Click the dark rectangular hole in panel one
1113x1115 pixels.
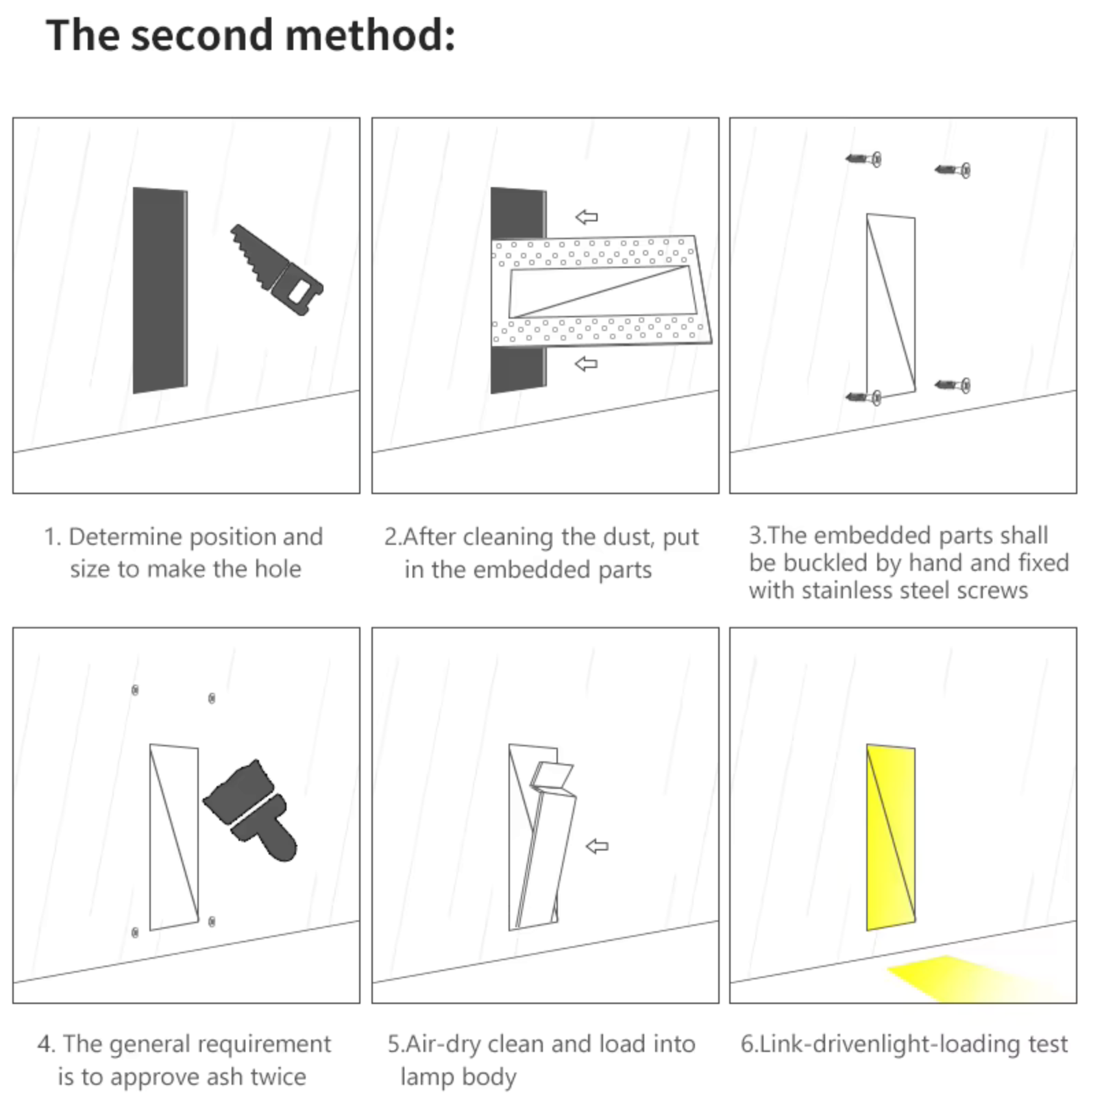point(160,290)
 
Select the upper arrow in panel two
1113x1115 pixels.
point(586,217)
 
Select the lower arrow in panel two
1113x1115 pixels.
point(586,364)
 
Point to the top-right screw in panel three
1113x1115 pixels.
point(953,170)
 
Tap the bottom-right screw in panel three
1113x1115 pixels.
point(953,386)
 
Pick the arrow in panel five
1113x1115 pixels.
point(598,846)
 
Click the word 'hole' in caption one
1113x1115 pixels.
point(278,569)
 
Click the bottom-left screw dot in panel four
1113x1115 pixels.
point(135,932)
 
